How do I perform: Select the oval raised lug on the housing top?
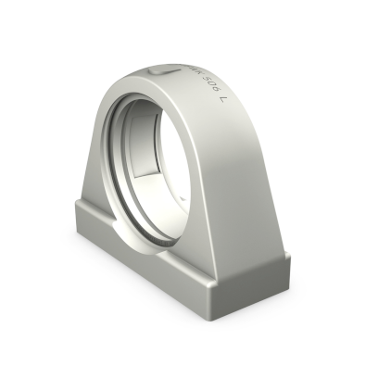159,70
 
